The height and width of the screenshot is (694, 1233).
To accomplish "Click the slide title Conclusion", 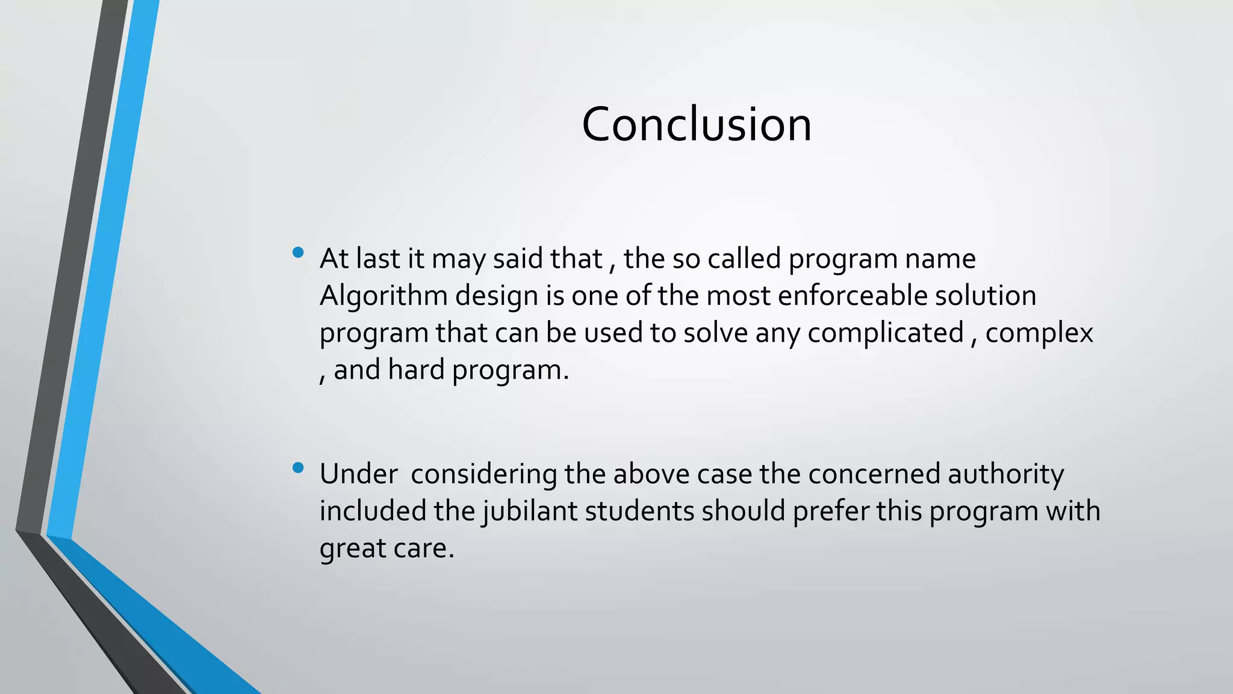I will pos(697,124).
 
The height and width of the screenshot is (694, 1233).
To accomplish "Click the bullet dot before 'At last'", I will pos(297,253).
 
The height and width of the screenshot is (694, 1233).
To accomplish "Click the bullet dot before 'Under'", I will pos(297,468).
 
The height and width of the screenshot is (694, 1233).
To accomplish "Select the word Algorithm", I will pos(384,296).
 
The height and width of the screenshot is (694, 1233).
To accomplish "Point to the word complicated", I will pos(885,333).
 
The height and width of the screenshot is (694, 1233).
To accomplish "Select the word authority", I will pos(1005,475).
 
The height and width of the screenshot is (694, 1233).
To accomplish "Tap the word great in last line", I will pos(352,549).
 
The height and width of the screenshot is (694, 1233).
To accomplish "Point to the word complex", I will pos(1039,333).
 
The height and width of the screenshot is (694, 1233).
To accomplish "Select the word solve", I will pos(715,333).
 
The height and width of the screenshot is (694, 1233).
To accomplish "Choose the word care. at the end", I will pos(424,549).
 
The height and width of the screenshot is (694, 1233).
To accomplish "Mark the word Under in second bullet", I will pos(358,475).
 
